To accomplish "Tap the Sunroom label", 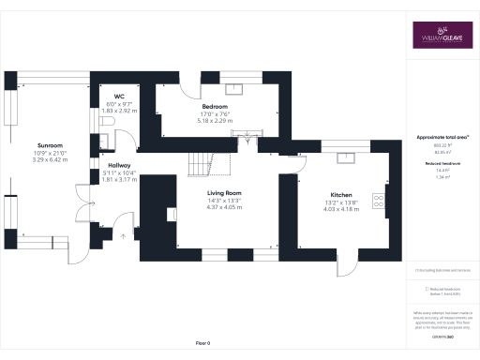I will click(x=50, y=146).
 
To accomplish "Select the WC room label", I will click(x=119, y=96).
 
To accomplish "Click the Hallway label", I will click(x=118, y=164).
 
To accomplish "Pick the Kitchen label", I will click(x=341, y=195).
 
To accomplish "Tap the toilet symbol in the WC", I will click(x=105, y=122).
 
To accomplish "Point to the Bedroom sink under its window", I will click(x=232, y=90).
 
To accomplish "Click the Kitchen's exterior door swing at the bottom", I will click(x=348, y=265).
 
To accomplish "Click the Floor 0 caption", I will click(x=202, y=344).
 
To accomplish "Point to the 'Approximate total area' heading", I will click(x=442, y=137).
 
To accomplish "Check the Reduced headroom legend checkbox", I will click(x=427, y=290).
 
